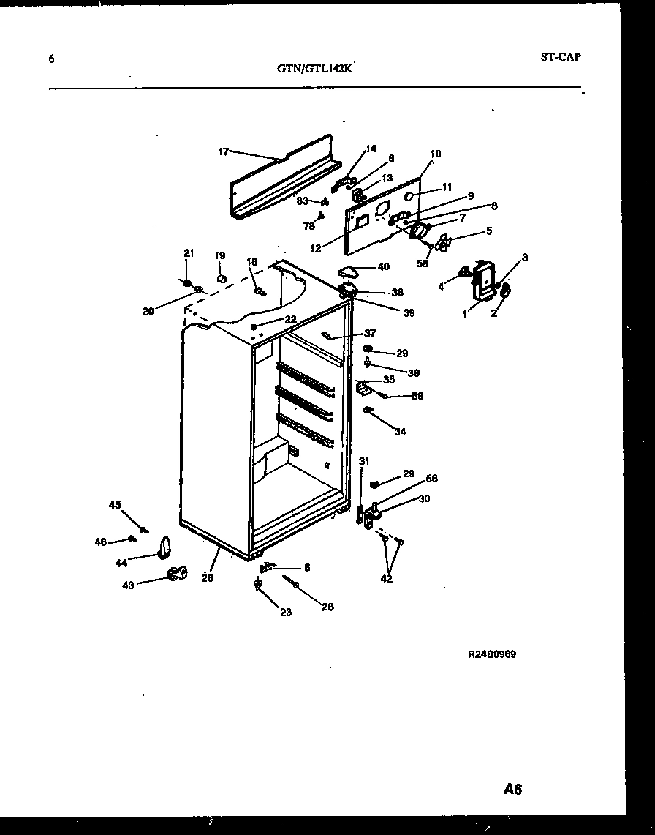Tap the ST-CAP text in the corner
561,57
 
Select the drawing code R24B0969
492,654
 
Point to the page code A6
513,789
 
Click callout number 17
223,151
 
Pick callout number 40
384,266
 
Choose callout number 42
387,578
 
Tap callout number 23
285,612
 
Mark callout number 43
128,585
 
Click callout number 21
188,253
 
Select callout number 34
400,432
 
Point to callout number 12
315,249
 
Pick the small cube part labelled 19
222,277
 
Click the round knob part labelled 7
420,232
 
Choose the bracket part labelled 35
363,387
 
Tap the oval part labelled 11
411,196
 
